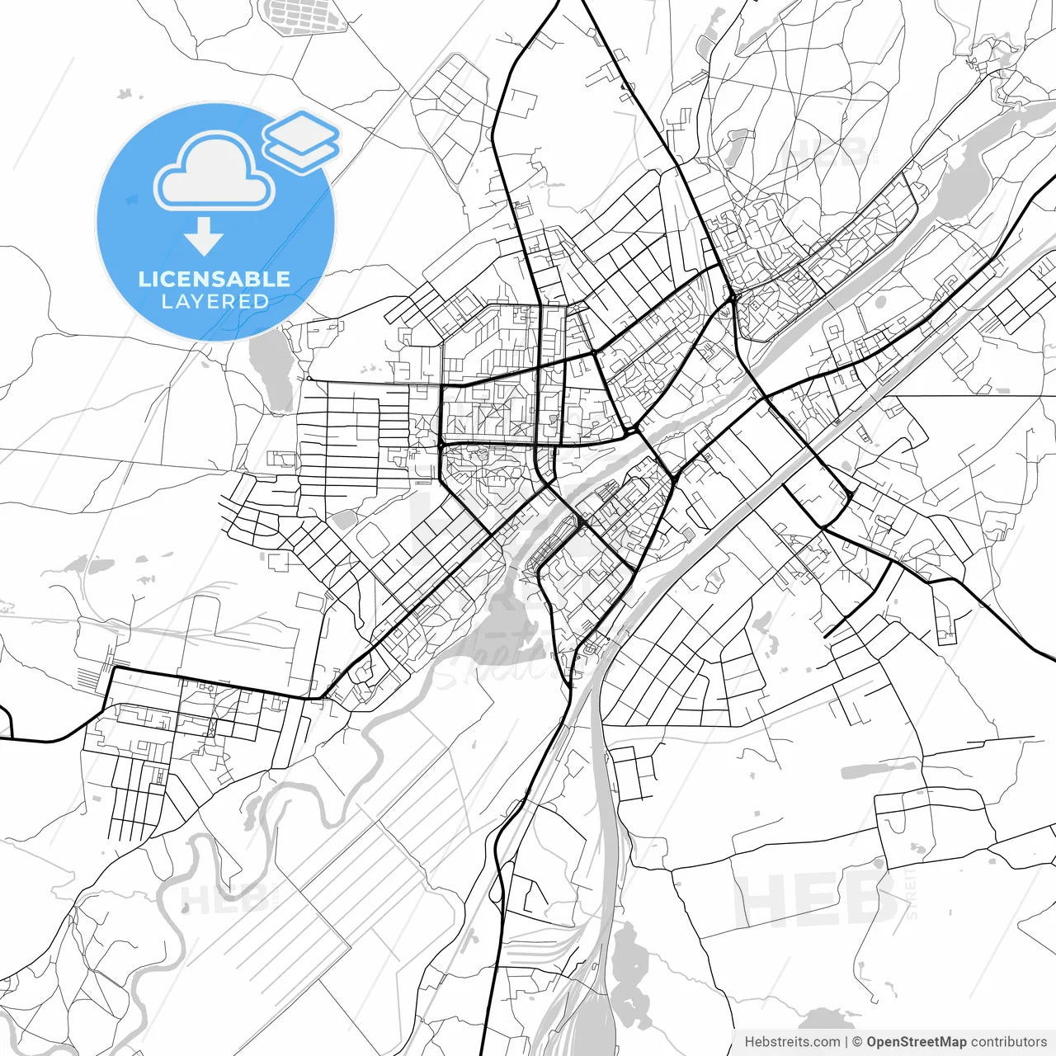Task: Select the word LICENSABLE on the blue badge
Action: point(214,279)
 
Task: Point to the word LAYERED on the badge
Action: point(214,302)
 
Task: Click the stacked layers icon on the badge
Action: point(302,140)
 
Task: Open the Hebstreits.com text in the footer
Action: point(792,1042)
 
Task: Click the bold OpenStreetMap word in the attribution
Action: point(916,1042)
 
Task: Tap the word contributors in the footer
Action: point(1008,1042)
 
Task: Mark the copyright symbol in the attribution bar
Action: point(857,1042)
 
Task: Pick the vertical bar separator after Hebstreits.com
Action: point(846,1042)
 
